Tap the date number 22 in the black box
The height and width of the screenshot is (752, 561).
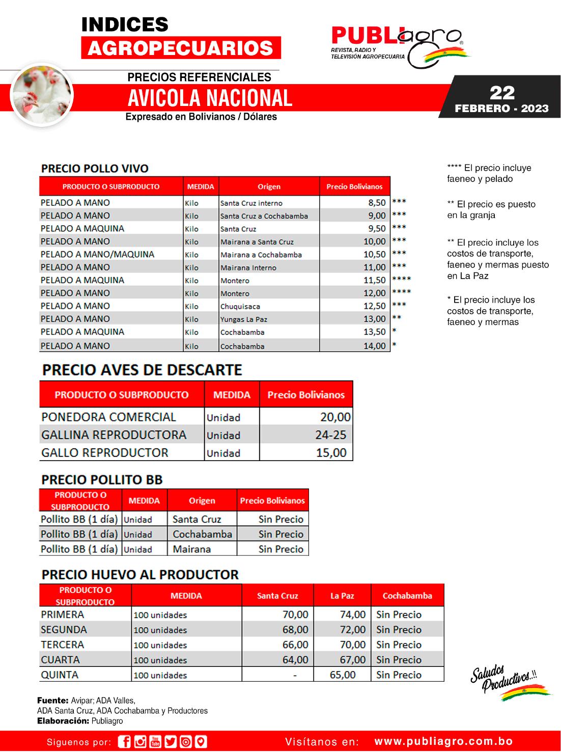(x=502, y=93)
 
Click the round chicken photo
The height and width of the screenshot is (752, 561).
(x=42, y=95)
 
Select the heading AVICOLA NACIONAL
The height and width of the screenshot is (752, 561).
(x=210, y=98)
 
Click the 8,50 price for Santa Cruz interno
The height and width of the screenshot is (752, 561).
(x=377, y=203)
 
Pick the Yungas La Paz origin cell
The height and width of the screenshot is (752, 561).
(x=243, y=319)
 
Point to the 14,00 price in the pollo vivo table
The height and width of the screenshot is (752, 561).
(x=374, y=346)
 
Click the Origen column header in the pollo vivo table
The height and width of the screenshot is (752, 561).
(x=269, y=186)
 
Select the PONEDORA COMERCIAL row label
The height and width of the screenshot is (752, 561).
(x=108, y=417)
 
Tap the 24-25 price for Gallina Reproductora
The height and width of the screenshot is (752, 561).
(x=330, y=435)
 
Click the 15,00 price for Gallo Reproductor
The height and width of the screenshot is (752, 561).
(x=331, y=452)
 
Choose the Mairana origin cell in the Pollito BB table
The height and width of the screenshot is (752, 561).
(x=191, y=549)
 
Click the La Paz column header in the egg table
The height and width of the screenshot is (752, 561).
(x=342, y=596)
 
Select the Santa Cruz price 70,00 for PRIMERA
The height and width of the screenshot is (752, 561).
(x=295, y=614)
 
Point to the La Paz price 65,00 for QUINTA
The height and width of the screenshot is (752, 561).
(x=343, y=675)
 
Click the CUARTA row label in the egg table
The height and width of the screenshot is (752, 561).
(x=60, y=660)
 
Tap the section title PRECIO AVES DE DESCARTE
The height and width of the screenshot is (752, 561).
(x=142, y=370)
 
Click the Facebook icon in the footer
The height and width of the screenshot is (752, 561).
(x=124, y=741)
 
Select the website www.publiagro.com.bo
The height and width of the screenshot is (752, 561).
(x=443, y=741)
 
